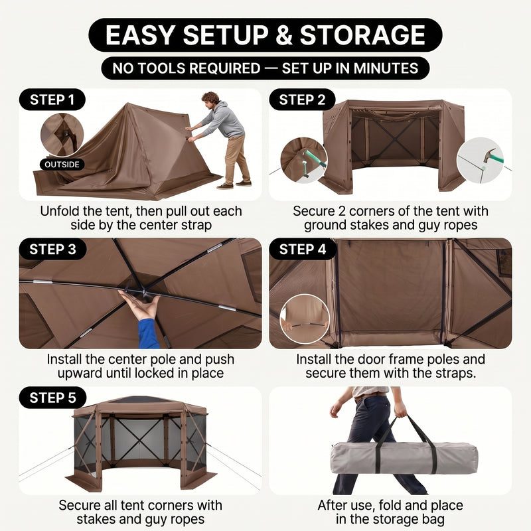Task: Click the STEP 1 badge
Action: tap(52, 100)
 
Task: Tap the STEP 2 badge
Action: tap(302, 100)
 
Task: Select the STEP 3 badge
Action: tap(52, 250)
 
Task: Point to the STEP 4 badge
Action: tap(303, 250)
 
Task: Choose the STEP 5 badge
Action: tap(52, 398)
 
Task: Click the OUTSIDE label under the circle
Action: tap(62, 165)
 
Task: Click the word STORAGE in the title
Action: tap(362, 35)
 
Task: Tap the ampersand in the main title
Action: tap(284, 35)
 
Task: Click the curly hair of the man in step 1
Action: tap(210, 98)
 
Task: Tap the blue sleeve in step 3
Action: tap(148, 334)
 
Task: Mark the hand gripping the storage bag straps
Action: tap(400, 409)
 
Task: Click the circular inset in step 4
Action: tap(305, 319)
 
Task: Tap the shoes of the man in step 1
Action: tap(234, 185)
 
